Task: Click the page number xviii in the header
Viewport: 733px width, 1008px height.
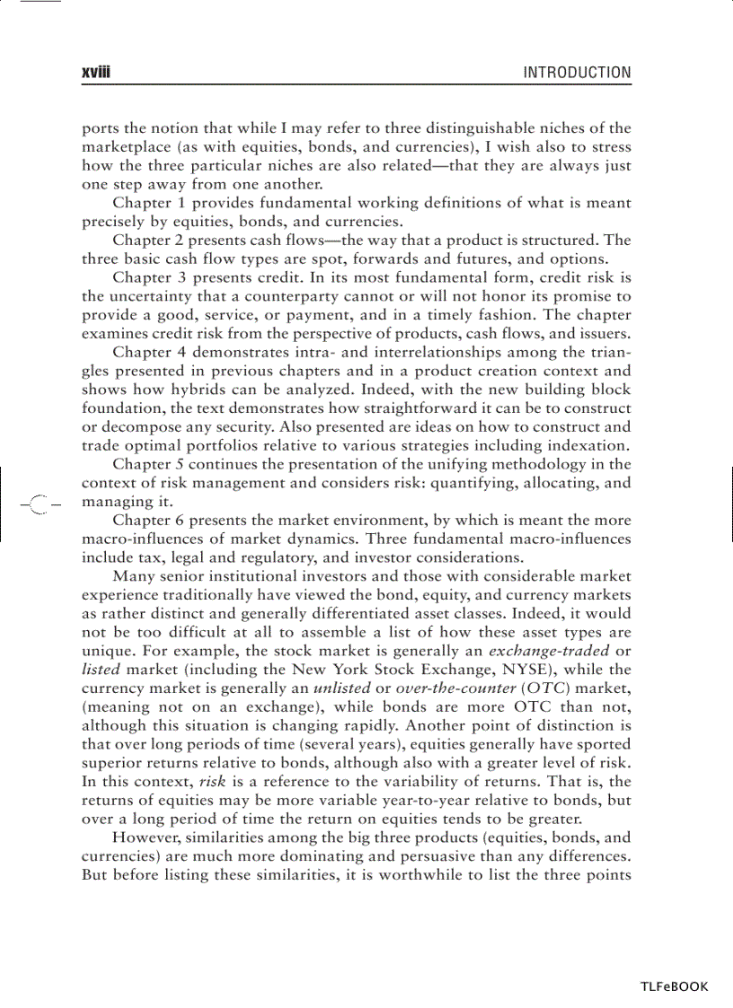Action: [95, 73]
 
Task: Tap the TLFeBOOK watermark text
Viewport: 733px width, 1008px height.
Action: [674, 986]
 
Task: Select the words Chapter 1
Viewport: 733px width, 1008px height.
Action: [143, 203]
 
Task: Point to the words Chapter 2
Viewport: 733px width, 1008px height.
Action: [143, 240]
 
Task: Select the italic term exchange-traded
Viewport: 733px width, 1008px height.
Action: [548, 651]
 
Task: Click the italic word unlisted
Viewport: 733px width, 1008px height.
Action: [340, 688]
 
